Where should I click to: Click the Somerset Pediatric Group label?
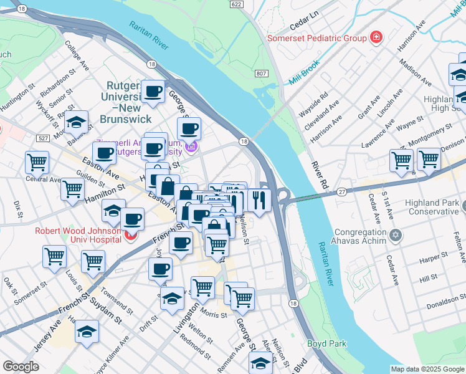pyautogui.click(x=316, y=38)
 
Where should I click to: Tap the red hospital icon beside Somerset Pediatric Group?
pyautogui.click(x=376, y=38)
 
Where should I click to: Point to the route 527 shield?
pyautogui.click(x=42, y=138)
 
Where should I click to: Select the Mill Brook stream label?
pyautogui.click(x=304, y=73)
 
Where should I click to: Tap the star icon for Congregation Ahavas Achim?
pyautogui.click(x=394, y=236)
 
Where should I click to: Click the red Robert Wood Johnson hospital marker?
pyautogui.click(x=130, y=236)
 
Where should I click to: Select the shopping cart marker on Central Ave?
pyautogui.click(x=37, y=162)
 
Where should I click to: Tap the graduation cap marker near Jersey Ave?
pyautogui.click(x=87, y=332)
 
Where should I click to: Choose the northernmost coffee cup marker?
pyautogui.click(x=153, y=91)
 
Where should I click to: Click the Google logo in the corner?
pyautogui.click(x=21, y=367)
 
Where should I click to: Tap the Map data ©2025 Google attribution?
pyautogui.click(x=427, y=369)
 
